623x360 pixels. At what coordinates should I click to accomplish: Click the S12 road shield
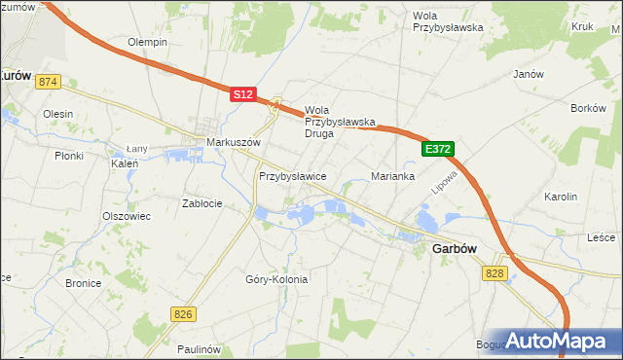[243, 94]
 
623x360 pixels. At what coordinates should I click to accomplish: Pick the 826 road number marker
[182, 314]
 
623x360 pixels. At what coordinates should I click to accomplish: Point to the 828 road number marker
[495, 275]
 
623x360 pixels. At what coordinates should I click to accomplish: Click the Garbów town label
[454, 249]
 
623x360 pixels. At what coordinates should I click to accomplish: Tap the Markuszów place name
[235, 142]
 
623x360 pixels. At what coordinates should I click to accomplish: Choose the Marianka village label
[393, 177]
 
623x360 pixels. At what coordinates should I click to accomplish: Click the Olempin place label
[148, 43]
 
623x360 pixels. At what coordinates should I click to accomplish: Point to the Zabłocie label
[202, 203]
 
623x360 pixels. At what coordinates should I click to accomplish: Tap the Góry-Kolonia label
[276, 279]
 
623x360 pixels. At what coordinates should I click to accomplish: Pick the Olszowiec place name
[127, 216]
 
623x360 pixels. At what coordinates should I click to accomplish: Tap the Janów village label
[527, 74]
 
